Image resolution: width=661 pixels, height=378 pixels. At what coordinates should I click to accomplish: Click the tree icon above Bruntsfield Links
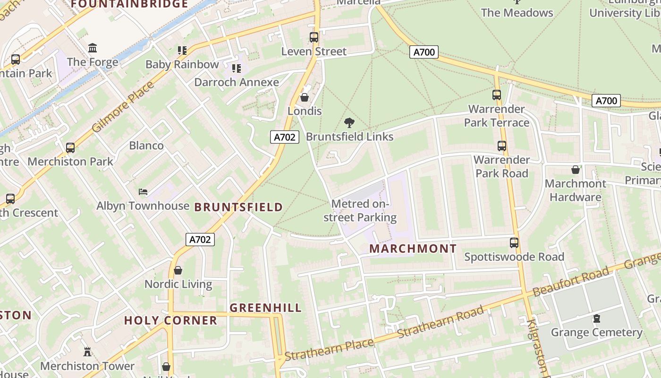tap(349, 123)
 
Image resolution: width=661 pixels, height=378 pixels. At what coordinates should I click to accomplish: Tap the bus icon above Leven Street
tap(314, 37)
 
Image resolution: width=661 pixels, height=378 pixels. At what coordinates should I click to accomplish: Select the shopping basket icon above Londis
tap(305, 98)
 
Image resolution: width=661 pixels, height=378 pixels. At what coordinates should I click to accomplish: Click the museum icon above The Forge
tap(93, 48)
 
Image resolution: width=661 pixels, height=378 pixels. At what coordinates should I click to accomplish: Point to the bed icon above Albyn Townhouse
tap(143, 192)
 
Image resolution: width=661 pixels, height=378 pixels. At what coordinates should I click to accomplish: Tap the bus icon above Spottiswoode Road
tap(514, 243)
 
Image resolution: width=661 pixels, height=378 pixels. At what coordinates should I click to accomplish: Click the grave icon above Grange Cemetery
tap(597, 318)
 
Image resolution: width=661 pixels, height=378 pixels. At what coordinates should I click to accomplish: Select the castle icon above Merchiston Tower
tap(87, 352)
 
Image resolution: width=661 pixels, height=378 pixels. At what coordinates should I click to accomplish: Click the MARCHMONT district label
tap(413, 249)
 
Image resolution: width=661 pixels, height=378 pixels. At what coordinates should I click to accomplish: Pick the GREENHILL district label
tap(265, 308)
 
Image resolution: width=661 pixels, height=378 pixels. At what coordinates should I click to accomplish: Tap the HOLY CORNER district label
tap(170, 321)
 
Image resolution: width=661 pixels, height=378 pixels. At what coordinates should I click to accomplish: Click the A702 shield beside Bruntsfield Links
tap(285, 137)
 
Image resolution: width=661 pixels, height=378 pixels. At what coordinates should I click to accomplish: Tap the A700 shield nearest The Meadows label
tap(424, 52)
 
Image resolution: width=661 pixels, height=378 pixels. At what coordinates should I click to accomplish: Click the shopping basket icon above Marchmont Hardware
tap(576, 170)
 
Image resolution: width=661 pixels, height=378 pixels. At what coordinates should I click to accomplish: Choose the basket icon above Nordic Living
tap(178, 270)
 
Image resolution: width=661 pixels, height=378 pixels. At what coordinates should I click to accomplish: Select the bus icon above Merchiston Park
tap(70, 148)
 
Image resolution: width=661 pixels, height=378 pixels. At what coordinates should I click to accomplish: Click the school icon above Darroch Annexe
tap(237, 69)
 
